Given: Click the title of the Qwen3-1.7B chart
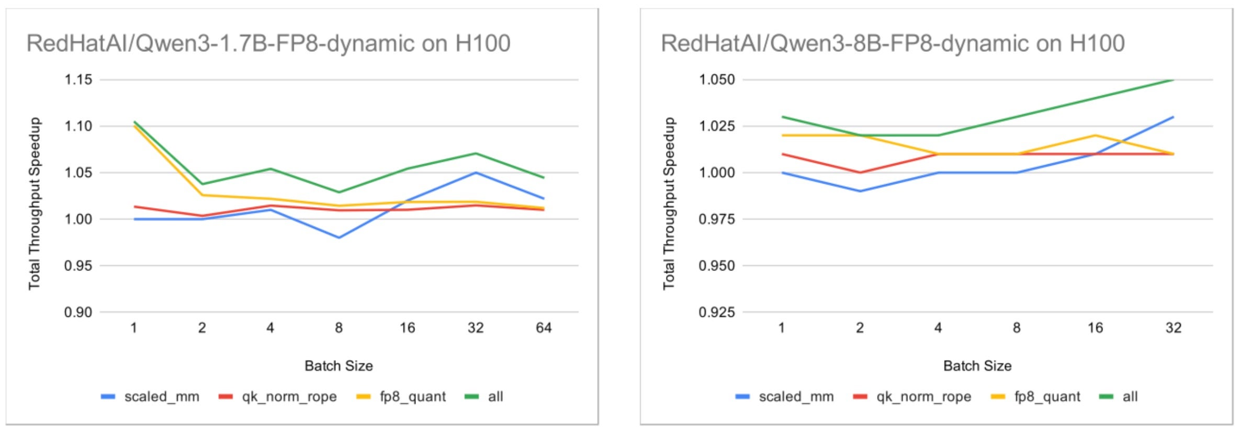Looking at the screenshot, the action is (268, 43).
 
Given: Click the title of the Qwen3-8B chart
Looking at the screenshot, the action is (893, 43).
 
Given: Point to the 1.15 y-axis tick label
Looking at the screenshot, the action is (78, 79).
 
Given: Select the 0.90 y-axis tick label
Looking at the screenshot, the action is (78, 312).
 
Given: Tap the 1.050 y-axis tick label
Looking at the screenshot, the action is (717, 79).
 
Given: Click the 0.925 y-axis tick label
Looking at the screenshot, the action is (717, 312).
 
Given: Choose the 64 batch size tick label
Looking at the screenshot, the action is (544, 328).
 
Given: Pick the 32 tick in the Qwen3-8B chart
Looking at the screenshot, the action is (1174, 328).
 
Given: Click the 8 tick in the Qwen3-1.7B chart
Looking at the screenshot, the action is (339, 328).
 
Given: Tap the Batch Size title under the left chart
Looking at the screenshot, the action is (339, 366).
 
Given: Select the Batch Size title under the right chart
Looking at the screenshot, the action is (977, 366).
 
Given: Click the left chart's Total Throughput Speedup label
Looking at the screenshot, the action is (35, 203).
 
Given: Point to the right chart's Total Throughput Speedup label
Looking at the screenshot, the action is (669, 203).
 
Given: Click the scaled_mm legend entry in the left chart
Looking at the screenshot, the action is (150, 396).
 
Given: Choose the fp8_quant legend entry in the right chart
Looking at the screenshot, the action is (1036, 396).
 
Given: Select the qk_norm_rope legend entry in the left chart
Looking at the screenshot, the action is (278, 396).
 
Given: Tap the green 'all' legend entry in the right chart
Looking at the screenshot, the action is (1119, 396).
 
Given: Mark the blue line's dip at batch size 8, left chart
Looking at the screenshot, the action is (339, 237).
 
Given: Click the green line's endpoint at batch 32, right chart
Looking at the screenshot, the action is (1174, 79).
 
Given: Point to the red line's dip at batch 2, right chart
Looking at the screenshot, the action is (860, 173).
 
